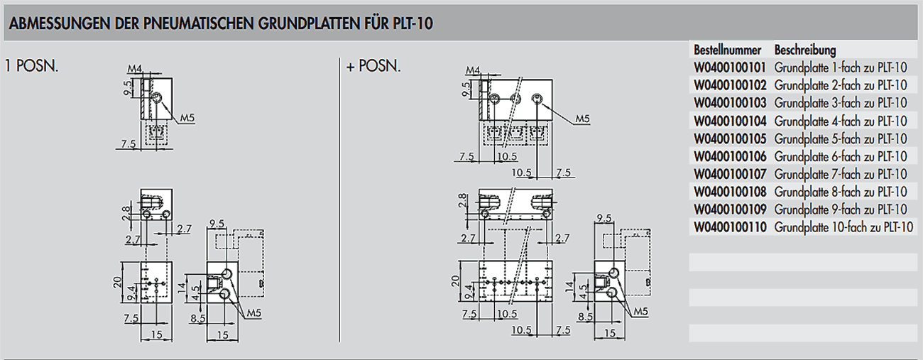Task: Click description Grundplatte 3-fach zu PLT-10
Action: click(840, 104)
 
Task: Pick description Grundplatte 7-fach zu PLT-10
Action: click(840, 175)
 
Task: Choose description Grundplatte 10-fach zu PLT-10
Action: click(843, 228)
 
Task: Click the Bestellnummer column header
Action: click(727, 50)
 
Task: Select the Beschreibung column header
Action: click(805, 50)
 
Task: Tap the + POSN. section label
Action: click(373, 67)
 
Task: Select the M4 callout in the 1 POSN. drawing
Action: click(135, 69)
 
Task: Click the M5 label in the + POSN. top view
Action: click(582, 119)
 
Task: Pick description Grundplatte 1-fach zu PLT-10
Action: click(840, 68)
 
